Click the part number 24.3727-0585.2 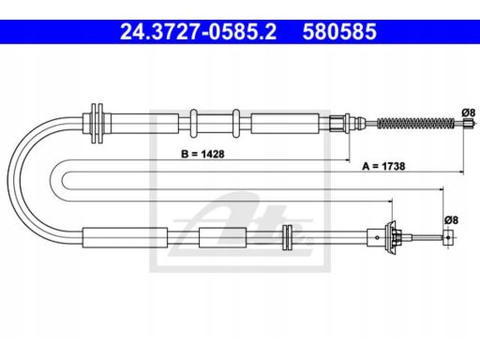point(198,32)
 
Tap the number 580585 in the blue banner point(339,32)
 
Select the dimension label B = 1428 point(202,154)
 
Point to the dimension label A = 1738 point(383,166)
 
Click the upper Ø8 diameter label point(469,112)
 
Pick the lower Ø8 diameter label point(451,220)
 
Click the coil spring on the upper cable point(415,124)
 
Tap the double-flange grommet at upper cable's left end point(97,124)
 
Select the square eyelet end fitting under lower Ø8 point(448,237)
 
